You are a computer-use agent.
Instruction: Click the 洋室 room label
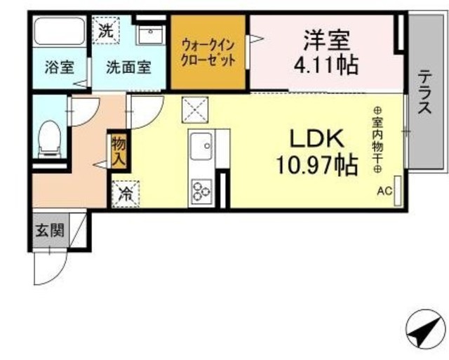(327, 41)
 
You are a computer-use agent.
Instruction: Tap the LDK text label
(316, 139)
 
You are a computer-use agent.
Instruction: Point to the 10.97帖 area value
(317, 165)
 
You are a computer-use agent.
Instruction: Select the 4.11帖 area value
(326, 65)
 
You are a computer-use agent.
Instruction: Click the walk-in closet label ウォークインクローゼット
(208, 53)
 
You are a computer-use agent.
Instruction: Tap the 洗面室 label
(128, 67)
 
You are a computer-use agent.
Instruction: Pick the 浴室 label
(59, 67)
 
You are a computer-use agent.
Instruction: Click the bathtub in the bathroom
(60, 31)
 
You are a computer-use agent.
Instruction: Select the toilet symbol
(50, 139)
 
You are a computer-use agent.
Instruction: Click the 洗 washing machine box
(106, 31)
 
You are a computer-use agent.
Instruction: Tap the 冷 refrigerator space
(126, 194)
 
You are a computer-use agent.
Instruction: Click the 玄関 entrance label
(50, 231)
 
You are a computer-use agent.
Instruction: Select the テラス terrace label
(424, 92)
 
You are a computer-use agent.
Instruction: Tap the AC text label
(384, 191)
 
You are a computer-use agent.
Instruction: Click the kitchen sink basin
(202, 147)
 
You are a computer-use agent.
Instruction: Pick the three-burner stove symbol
(202, 191)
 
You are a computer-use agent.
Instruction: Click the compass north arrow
(426, 331)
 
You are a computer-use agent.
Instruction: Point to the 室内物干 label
(377, 139)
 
